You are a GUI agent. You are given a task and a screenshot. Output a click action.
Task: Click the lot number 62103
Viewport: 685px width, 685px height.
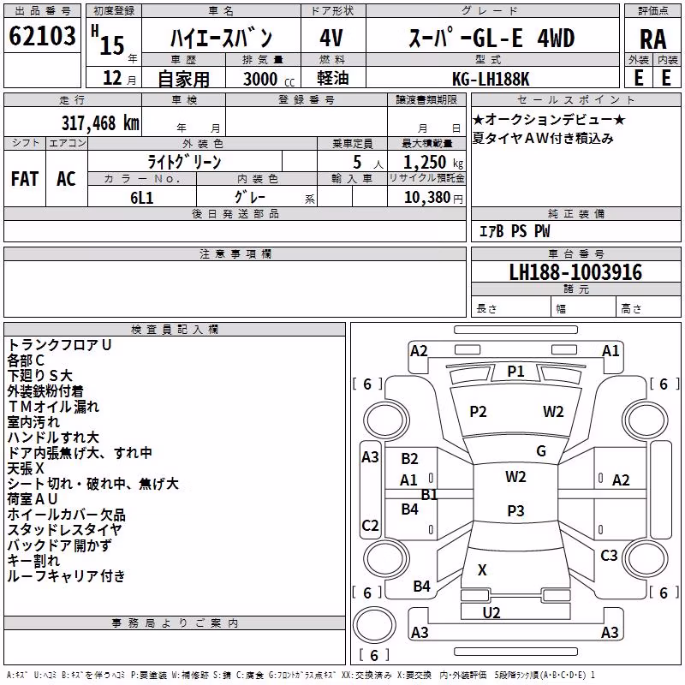pos(42,35)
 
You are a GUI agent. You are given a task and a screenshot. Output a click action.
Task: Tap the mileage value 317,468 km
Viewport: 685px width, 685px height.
pos(100,123)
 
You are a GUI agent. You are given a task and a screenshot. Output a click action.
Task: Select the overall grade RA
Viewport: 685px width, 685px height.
pos(653,39)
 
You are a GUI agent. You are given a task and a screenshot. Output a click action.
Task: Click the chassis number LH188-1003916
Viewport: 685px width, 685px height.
pos(575,272)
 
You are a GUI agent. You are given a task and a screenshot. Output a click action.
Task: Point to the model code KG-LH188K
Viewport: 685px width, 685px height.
pos(491,79)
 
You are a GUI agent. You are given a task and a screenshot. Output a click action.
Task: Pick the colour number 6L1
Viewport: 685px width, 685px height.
pos(142,198)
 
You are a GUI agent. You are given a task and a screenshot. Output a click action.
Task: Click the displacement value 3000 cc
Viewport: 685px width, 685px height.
pos(269,79)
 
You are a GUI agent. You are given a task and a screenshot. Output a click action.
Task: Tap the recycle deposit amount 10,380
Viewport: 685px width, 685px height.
pos(427,198)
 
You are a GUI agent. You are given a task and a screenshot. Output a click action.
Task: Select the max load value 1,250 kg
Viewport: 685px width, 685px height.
pos(433,163)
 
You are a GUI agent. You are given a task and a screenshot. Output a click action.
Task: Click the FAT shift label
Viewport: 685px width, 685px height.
pos(25,179)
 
